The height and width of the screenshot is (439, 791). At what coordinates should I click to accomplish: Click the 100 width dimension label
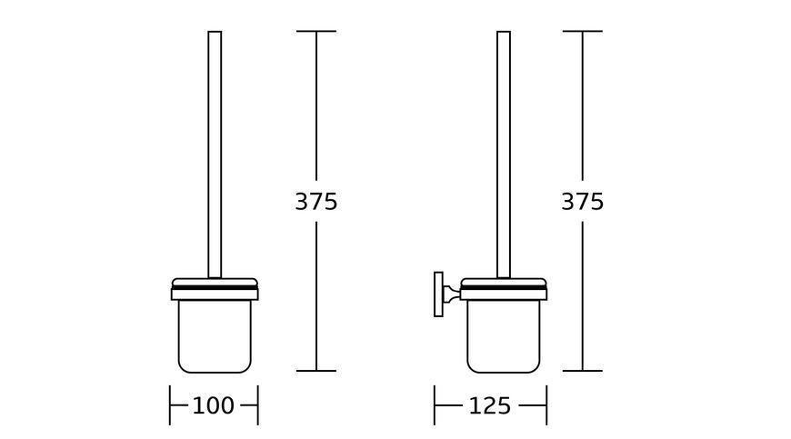(x=214, y=405)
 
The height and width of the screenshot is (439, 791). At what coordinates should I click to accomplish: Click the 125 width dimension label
(x=490, y=405)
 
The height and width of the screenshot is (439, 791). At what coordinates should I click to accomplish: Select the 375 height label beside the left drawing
(x=316, y=202)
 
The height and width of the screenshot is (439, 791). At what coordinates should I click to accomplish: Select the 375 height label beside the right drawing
(x=582, y=202)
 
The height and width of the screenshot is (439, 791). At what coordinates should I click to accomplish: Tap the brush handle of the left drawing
(x=215, y=155)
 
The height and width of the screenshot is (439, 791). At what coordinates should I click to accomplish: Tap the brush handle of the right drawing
(x=504, y=155)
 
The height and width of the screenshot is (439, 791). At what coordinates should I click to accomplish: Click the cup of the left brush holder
(x=215, y=336)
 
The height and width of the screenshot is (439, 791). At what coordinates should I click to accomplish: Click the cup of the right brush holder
(x=504, y=336)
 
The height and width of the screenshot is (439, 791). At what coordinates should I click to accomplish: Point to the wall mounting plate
(x=438, y=294)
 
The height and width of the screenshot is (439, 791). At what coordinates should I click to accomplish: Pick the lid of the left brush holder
(x=215, y=289)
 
